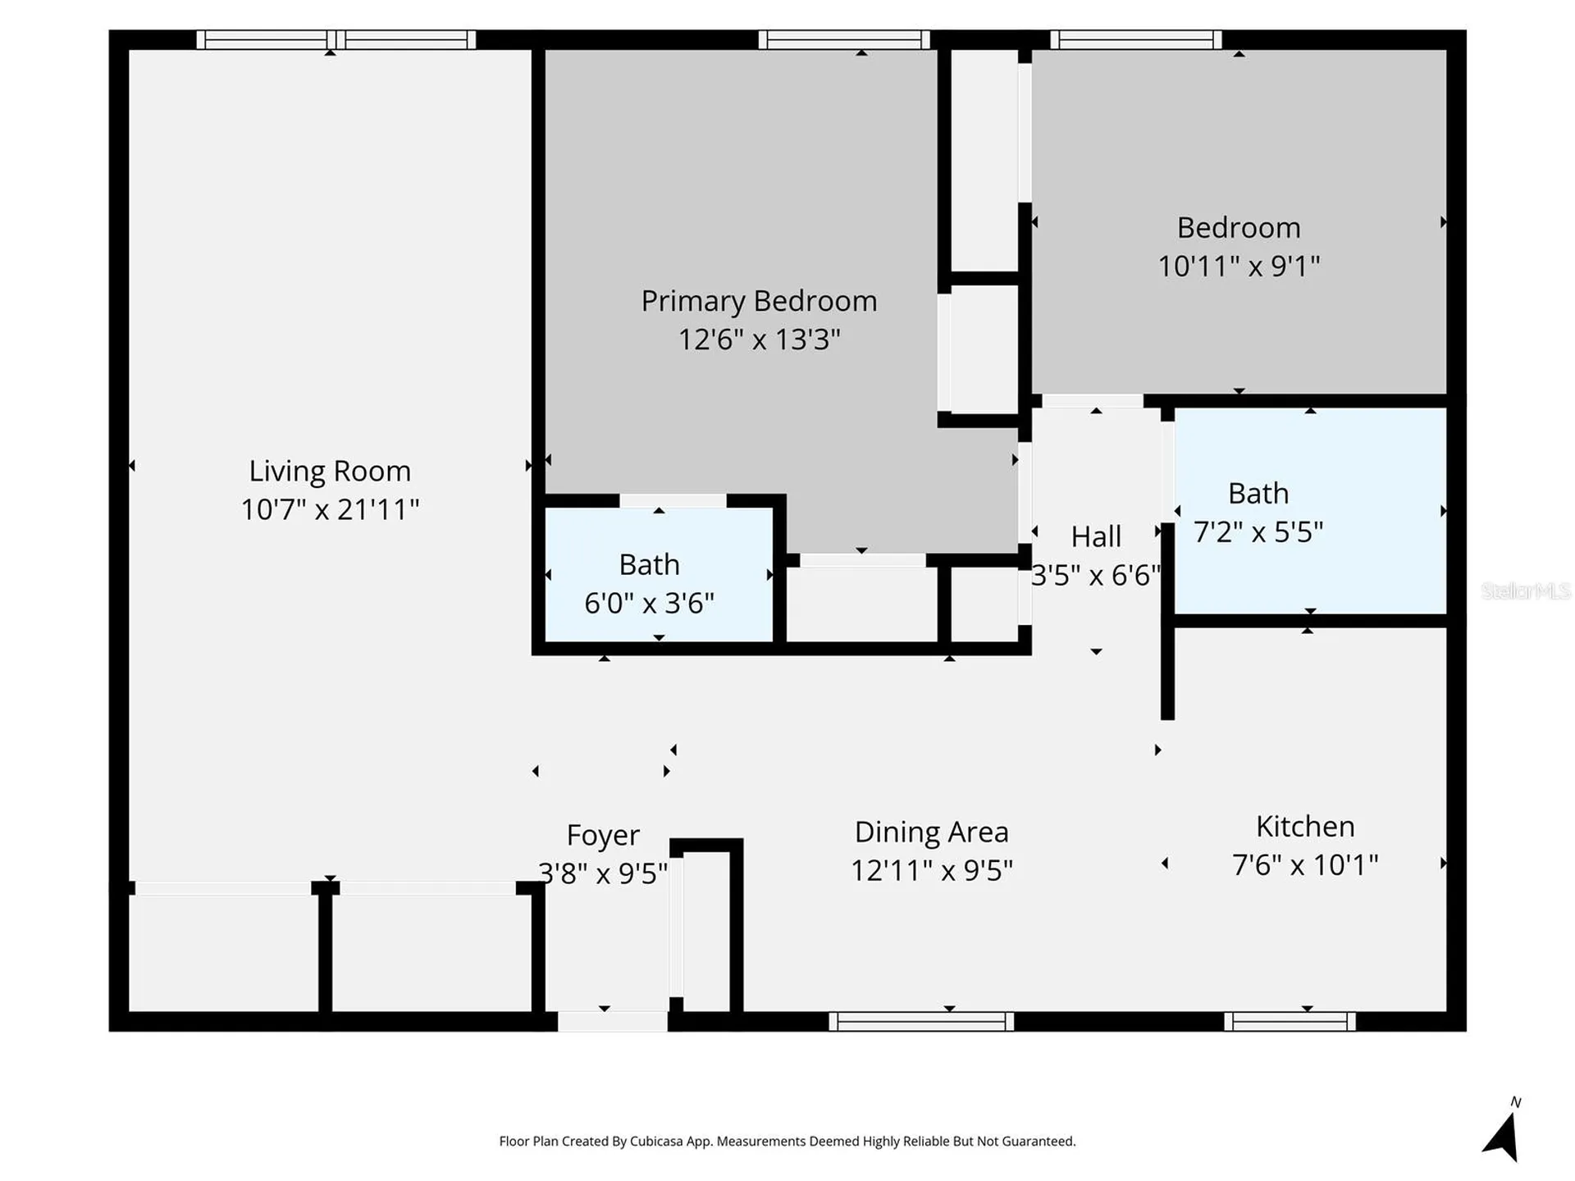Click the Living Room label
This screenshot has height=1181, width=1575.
point(330,471)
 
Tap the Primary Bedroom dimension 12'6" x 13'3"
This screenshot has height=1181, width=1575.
point(759,339)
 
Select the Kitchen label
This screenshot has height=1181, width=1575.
point(1305,826)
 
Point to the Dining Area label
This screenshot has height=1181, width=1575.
point(931,832)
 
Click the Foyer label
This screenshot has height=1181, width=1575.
point(603,835)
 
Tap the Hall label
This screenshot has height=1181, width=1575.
point(1096,536)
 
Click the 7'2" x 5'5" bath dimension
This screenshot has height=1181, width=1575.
point(1258,531)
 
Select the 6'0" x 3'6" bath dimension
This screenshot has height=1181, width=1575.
point(649,603)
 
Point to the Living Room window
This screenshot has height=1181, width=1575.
point(336,39)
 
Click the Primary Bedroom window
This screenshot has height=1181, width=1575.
point(844,39)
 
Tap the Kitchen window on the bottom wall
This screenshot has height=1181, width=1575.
point(1290,1021)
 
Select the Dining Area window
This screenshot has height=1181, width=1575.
point(921,1021)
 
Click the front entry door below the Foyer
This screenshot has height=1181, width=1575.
point(613,1021)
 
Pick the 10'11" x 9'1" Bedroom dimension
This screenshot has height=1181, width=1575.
point(1239,266)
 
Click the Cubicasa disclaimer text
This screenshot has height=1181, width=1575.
point(787,1141)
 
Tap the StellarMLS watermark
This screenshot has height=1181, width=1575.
point(1526,590)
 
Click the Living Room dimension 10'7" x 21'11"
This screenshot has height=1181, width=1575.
point(330,509)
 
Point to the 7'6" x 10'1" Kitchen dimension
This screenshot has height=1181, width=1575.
point(1305,864)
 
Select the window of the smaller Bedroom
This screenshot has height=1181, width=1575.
point(1136,39)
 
